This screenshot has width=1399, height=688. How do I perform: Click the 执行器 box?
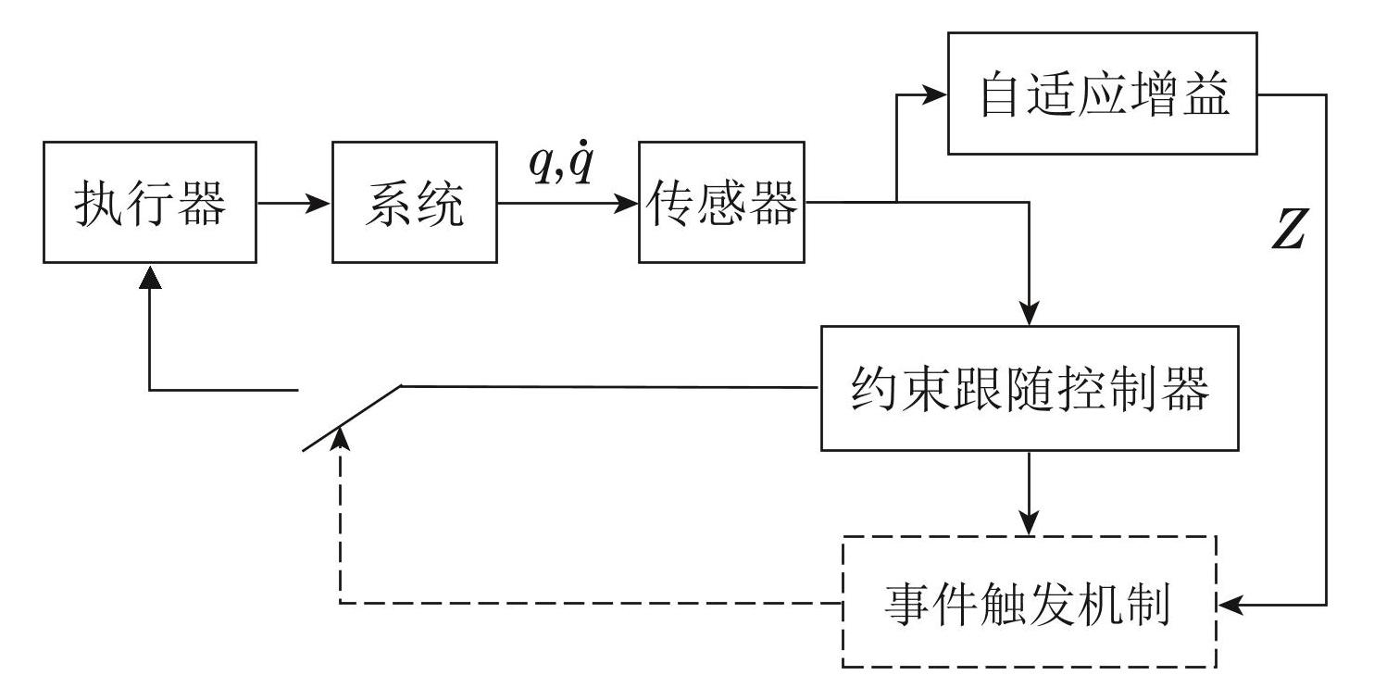pyautogui.click(x=150, y=202)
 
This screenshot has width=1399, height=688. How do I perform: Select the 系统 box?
pyautogui.click(x=414, y=202)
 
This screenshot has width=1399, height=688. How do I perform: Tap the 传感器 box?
pyautogui.click(x=721, y=202)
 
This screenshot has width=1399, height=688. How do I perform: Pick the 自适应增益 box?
pyautogui.click(x=1102, y=94)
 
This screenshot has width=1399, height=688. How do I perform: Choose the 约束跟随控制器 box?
pyautogui.click(x=1029, y=388)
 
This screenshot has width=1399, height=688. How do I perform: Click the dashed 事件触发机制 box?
pyautogui.click(x=1029, y=602)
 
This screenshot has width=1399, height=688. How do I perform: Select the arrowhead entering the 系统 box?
pyautogui.click(x=320, y=202)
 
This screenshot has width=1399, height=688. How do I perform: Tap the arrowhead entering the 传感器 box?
pyautogui.click(x=628, y=202)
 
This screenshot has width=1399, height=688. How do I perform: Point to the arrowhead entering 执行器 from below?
pyautogui.click(x=150, y=274)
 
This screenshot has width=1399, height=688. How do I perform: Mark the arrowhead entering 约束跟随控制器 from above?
pyautogui.click(x=1029, y=315)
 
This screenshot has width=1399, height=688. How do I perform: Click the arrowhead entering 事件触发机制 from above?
pyautogui.click(x=1029, y=524)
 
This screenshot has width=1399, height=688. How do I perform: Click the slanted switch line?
pyautogui.click(x=353, y=418)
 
